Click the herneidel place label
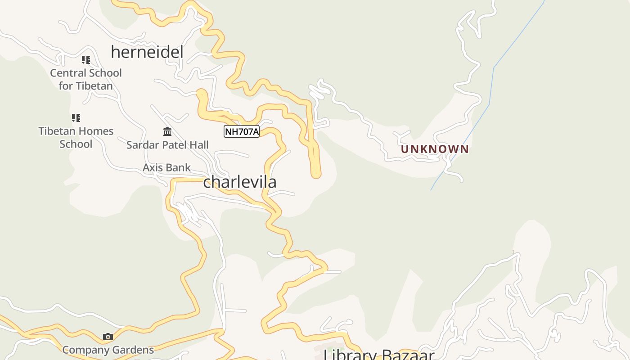147,52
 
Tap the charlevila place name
239,182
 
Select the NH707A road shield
242,131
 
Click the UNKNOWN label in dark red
435,149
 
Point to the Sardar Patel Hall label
167,145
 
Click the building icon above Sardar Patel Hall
167,131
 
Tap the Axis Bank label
166,168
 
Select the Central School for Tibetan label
85,79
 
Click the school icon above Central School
85,59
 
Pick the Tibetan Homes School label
76,138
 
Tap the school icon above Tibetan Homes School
76,118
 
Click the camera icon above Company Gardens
108,337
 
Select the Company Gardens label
108,350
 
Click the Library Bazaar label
379,355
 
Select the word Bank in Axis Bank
179,168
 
